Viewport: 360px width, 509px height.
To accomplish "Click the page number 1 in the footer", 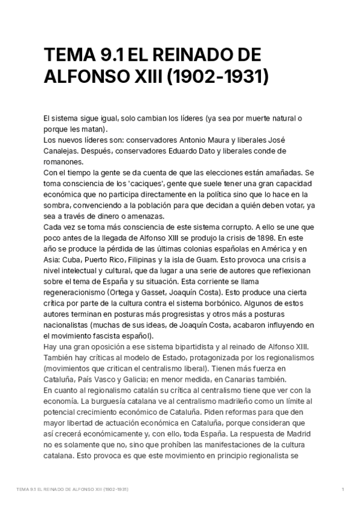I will coord(342,490).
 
